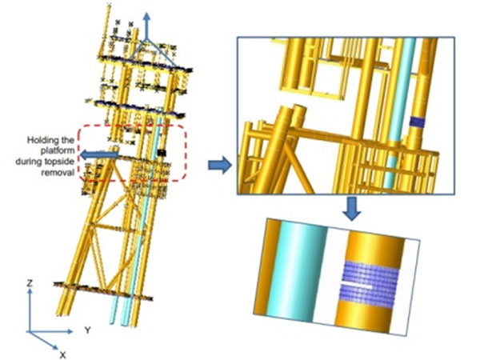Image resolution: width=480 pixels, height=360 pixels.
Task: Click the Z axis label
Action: tap(29, 284)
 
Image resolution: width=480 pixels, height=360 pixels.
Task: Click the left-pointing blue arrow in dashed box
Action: tap(96, 154)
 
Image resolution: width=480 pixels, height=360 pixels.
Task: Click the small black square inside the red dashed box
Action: tap(161, 152)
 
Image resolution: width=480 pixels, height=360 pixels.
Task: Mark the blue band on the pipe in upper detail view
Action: tap(415, 122)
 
